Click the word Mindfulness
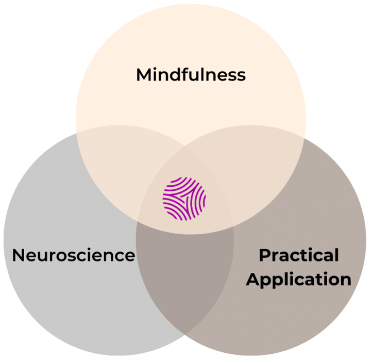(191, 75)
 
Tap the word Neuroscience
(73, 255)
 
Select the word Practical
(299, 255)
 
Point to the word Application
(299, 280)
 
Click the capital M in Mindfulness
(144, 75)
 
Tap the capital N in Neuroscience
(19, 255)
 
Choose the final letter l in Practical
(336, 255)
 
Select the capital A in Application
(252, 280)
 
